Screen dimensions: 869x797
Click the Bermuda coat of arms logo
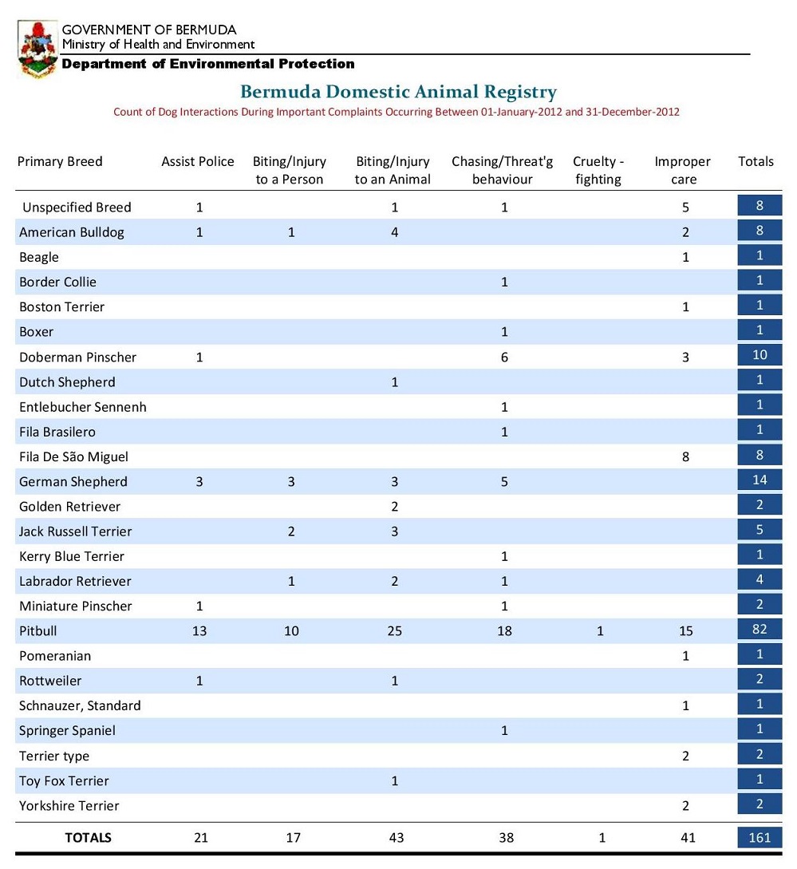pos(37,49)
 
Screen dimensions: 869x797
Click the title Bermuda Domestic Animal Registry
pos(398,92)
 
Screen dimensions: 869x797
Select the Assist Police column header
pos(198,161)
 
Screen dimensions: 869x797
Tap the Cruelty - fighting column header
pos(598,170)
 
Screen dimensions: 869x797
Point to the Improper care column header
pos(682,170)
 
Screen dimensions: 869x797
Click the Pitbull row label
pos(38,630)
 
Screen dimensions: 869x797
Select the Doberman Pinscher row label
pos(77,357)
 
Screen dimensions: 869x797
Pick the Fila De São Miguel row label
pos(73,456)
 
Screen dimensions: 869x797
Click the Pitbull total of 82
pos(760,630)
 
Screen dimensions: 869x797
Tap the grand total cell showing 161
pos(760,837)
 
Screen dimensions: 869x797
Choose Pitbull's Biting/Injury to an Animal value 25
pos(395,630)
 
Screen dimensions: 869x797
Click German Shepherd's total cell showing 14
pos(760,480)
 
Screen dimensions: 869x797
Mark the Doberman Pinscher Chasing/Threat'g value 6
pos(503,357)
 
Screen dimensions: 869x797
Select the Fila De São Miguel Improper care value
pos(685,456)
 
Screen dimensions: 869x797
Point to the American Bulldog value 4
pos(395,232)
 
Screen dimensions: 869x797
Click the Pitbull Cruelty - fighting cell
pos(600,630)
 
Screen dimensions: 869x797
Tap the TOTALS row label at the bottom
pos(88,837)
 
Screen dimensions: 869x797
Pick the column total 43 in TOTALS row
pos(396,837)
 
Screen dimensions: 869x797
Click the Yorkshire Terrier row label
pos(69,805)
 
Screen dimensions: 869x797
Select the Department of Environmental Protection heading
pos(208,64)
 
